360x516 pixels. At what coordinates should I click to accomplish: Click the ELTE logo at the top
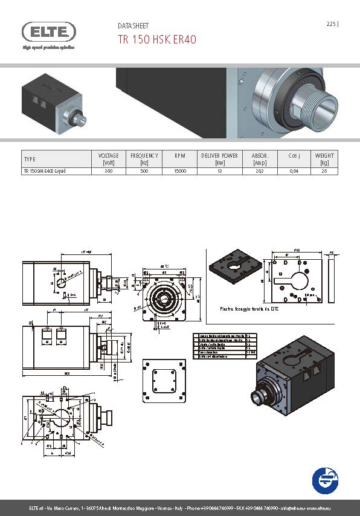point(49,32)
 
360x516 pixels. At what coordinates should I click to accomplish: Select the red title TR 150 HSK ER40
point(156,39)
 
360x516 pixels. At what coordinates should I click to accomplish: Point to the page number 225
point(331,24)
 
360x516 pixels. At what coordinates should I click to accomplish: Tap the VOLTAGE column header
point(109,159)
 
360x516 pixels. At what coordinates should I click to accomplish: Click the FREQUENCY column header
point(144,159)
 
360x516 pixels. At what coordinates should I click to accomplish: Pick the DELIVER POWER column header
point(219,159)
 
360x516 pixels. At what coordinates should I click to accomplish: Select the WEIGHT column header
point(324,159)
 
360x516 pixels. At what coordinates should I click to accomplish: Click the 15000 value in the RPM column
point(180,172)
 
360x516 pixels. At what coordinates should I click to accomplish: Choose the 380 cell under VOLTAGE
point(109,172)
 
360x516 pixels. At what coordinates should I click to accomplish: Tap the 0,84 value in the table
point(294,172)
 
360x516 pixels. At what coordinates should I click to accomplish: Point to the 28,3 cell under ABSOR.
point(260,172)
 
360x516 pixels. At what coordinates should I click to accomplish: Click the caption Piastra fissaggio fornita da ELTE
point(242,308)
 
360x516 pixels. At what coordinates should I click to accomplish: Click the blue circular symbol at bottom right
point(325,480)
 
